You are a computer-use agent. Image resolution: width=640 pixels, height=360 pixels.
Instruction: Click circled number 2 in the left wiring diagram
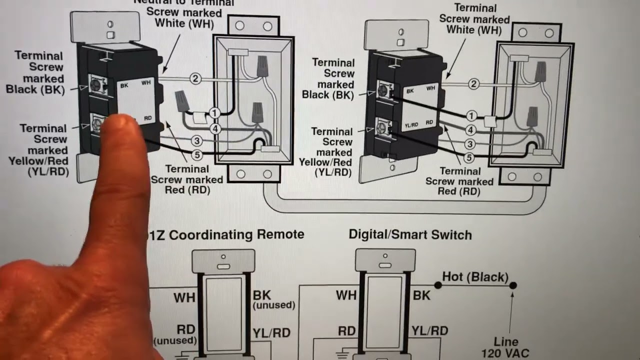tap(195, 78)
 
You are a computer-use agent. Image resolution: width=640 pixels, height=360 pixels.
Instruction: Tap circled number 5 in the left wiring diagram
tap(197, 155)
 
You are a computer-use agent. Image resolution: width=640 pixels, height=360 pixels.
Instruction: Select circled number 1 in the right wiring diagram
tap(470, 116)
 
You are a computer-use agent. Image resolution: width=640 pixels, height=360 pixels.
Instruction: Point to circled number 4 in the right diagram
tap(470, 130)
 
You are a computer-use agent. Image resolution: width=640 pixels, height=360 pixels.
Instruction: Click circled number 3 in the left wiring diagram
tap(196, 141)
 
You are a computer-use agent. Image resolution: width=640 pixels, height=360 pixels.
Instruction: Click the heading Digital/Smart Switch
tap(410, 234)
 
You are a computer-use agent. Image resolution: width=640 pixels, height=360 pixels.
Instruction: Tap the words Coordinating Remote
tap(236, 234)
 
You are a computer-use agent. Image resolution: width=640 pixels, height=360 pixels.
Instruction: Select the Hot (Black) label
tap(475, 277)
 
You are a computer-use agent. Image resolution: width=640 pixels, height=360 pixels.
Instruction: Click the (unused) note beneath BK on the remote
tap(274, 305)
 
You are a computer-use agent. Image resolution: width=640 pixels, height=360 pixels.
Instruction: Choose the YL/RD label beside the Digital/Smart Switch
tap(429, 330)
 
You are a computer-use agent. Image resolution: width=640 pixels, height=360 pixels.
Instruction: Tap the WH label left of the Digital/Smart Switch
tap(346, 295)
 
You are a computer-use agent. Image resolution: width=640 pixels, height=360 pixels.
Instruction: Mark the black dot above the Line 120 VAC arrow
tap(512, 285)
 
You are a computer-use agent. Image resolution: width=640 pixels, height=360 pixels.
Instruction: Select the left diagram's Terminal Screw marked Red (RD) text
tap(186, 179)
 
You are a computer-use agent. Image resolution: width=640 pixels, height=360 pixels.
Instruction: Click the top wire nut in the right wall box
tap(539, 70)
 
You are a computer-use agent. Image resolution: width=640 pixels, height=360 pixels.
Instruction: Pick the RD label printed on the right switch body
tap(429, 122)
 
